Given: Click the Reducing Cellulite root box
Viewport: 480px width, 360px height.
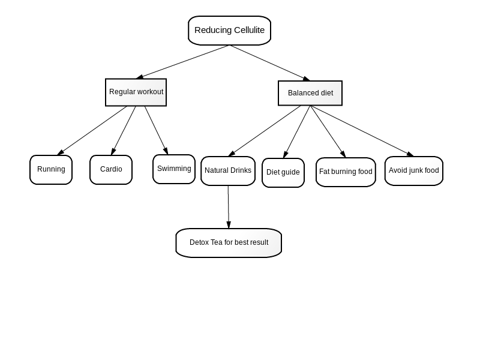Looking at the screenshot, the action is pyautogui.click(x=229, y=31).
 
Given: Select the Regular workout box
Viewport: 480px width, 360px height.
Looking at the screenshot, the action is pyautogui.click(x=136, y=92).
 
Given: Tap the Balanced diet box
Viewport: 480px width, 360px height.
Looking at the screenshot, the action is pyautogui.click(x=310, y=93).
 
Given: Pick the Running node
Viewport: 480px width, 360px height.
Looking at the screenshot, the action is pyautogui.click(x=51, y=170).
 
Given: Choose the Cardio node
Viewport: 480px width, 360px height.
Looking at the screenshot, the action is pyautogui.click(x=111, y=170).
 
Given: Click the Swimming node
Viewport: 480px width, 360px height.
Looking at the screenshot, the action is pyautogui.click(x=174, y=169).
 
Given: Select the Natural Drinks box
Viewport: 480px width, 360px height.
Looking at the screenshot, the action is pyautogui.click(x=228, y=171).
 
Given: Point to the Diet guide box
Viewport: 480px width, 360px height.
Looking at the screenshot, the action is pyautogui.click(x=283, y=173).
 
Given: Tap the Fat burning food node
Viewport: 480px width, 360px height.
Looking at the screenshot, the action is pyautogui.click(x=346, y=172).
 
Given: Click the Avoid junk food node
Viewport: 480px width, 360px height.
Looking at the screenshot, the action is pyautogui.click(x=414, y=171).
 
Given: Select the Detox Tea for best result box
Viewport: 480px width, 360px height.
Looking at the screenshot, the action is pyautogui.click(x=229, y=243).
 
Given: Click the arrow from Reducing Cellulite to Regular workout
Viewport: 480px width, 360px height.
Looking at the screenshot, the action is pyautogui.click(x=183, y=62).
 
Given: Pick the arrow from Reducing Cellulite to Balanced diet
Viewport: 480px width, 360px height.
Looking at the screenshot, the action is pyautogui.click(x=269, y=63).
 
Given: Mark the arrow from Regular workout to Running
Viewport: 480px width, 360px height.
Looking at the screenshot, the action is pyautogui.click(x=92, y=130).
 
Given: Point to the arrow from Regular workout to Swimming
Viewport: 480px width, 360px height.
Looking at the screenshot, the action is pyautogui.click(x=156, y=130).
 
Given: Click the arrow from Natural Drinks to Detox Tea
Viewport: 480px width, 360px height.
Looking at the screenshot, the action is pyautogui.click(x=229, y=207).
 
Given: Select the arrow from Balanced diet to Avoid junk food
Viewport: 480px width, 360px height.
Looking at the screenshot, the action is pyautogui.click(x=362, y=131).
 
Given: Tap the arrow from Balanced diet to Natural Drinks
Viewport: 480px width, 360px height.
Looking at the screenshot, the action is pyautogui.click(x=265, y=131).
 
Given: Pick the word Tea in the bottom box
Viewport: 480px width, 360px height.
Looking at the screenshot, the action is pyautogui.click(x=217, y=242).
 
